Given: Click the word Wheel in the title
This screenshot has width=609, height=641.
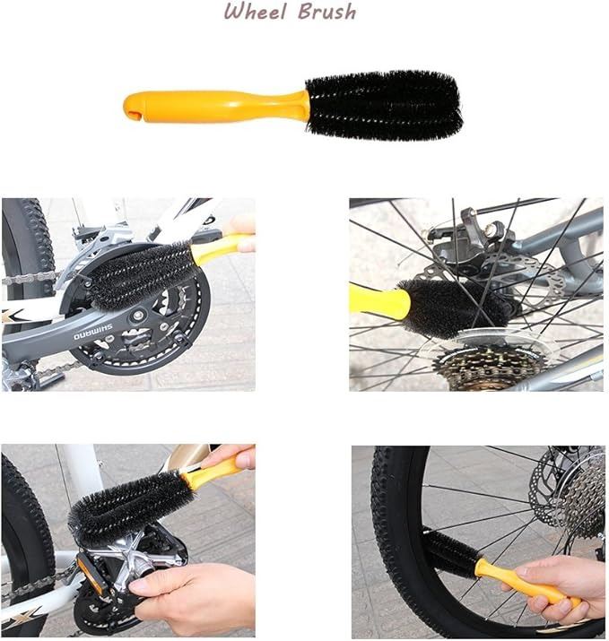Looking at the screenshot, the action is [x=255, y=12].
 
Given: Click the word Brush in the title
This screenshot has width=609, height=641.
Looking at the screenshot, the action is [x=326, y=12].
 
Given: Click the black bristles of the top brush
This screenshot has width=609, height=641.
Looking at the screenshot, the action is [x=384, y=106].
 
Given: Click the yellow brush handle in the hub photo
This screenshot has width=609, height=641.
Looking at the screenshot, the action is [x=379, y=301].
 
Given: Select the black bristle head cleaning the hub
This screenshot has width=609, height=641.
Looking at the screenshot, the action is [x=454, y=308].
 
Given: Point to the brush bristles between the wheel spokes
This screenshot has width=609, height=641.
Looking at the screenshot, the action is [x=450, y=553].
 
